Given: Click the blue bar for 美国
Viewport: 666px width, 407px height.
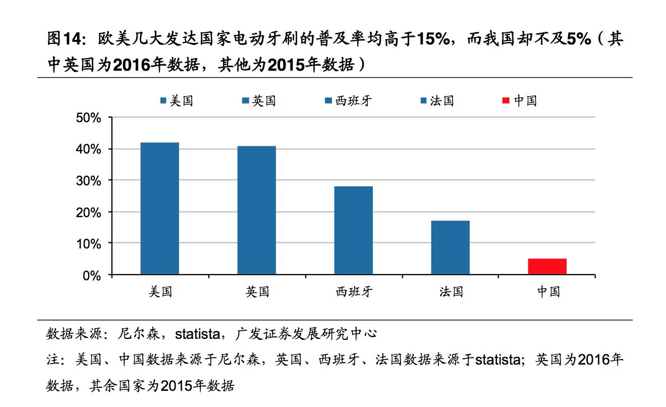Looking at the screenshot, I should point(159,208).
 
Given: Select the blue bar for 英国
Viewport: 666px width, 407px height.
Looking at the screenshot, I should point(256,210).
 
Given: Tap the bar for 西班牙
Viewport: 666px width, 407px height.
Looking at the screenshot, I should point(353,230).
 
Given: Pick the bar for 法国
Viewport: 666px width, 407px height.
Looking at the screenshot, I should point(450,247).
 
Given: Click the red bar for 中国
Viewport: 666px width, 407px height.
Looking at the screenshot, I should point(547,266).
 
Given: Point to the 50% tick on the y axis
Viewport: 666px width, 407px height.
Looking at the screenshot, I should point(89,118).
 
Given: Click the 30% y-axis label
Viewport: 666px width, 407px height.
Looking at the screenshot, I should point(89,181).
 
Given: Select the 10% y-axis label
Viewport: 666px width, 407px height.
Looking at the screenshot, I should point(89,244).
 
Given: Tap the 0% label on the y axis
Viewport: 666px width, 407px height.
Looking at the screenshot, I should point(92,276).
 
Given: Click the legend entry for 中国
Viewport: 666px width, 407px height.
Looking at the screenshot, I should point(520,100).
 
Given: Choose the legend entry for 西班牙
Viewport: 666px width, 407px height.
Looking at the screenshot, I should point(348,100).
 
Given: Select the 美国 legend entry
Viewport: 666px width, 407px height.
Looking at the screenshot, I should point(176,100).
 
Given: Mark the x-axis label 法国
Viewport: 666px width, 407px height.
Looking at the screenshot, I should point(450,291).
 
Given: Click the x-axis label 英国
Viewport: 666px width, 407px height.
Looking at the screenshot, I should point(257,291).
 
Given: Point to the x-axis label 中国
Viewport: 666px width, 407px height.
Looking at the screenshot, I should point(547,291).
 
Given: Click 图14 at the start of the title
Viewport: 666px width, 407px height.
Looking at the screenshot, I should point(63,39).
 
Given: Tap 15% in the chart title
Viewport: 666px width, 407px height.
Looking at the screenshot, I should point(433,39).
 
